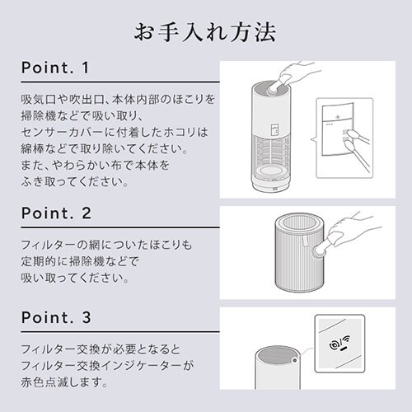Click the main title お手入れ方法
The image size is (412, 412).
point(205,32)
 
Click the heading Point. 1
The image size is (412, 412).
point(55,68)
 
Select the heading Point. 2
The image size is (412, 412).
point(56,213)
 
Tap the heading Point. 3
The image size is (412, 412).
point(56,317)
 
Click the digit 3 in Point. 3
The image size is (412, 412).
point(87,317)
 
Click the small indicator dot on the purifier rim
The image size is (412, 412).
point(295,360)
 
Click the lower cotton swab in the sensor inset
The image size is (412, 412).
point(357,156)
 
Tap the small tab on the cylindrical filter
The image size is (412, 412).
point(306,241)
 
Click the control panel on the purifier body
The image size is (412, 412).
point(274,129)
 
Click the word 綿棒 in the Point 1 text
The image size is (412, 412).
point(32,149)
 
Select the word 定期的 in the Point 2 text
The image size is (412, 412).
point(39,261)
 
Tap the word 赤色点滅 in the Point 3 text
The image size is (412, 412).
point(44,382)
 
